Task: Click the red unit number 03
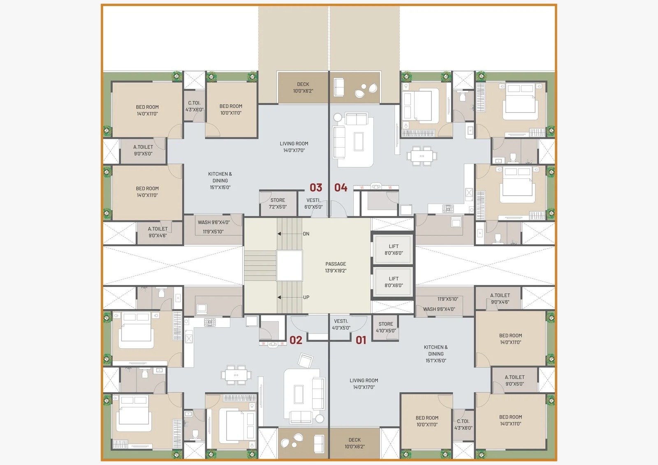316,187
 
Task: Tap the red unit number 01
361,340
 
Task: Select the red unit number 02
296,340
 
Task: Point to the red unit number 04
341,187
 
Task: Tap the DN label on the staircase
306,234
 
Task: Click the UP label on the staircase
306,297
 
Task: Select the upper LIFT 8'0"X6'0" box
393,250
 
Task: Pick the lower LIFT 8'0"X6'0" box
393,282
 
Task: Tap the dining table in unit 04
422,156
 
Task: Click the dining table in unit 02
236,375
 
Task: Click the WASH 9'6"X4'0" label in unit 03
213,222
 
